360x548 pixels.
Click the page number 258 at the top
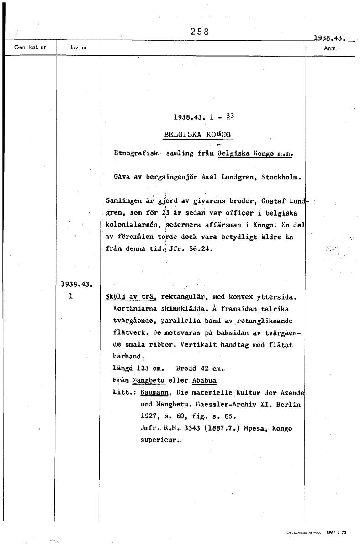[200, 32]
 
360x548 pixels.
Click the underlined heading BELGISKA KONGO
[198, 135]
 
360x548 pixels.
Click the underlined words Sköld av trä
[131, 297]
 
